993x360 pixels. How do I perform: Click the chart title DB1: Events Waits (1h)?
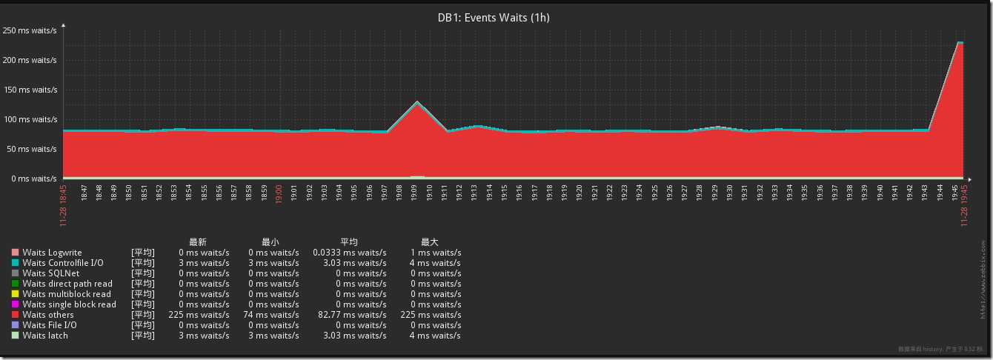(494, 17)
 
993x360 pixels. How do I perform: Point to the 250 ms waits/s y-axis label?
(30, 30)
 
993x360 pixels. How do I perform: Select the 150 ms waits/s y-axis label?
(30, 90)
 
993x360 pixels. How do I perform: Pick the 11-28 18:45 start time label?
(63, 206)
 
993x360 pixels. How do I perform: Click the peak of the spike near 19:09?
(418, 102)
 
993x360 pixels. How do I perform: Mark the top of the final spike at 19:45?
(960, 43)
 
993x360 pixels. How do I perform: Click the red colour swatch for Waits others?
(15, 315)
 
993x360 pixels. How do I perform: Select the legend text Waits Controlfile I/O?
(63, 263)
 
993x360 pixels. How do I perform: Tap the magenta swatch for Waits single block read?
(15, 304)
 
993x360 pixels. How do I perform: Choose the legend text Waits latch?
(45, 336)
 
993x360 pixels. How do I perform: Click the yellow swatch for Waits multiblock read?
(15, 294)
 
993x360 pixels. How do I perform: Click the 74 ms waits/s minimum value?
(273, 315)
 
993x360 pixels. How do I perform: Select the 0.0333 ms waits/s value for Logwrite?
(349, 253)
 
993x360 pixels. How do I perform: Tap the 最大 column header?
(430, 242)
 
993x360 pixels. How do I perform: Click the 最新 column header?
(198, 242)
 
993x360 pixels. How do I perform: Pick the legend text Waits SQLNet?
(50, 273)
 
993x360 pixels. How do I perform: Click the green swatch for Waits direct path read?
(15, 284)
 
